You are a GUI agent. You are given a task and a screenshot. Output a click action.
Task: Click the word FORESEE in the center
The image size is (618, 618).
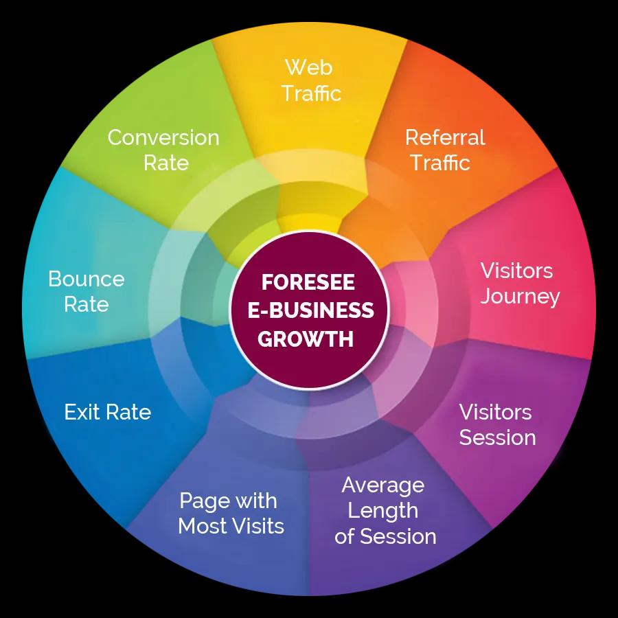pos(308,283)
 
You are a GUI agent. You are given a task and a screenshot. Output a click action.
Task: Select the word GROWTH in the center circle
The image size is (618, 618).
pos(308,339)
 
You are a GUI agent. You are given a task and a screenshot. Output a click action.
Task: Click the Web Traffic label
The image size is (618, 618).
pos(310,80)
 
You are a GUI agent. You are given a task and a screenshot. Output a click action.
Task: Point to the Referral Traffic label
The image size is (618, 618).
pos(444,150)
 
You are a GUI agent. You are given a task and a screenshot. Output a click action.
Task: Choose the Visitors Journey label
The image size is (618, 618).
pos(519,283)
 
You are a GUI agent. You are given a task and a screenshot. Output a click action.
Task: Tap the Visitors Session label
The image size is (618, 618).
pos(496,424)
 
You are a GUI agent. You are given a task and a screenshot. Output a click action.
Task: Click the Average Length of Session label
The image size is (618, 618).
pos(385,510)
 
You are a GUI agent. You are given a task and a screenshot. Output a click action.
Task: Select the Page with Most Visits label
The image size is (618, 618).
pos(231,513)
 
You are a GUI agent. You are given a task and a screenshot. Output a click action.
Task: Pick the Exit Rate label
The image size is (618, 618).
pos(107,412)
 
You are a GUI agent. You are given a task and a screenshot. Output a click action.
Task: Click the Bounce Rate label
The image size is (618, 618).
pos(87,291)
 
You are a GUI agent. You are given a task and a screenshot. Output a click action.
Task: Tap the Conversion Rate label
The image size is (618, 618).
pos(163,150)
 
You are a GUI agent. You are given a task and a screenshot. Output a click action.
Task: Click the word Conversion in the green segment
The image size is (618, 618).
pos(163,137)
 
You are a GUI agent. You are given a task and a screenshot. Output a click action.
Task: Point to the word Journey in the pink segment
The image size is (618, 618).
pos(520,297)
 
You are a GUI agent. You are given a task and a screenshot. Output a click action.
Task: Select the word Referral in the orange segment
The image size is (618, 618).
pos(444,137)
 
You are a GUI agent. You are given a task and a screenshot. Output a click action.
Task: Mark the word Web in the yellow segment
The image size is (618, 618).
pos(308,67)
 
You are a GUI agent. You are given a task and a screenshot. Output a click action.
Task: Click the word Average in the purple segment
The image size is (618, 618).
pos(382,485)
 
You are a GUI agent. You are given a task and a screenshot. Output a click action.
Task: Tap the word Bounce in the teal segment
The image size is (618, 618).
pos(87,279)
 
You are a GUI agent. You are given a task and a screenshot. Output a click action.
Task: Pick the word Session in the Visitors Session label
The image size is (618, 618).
pos(497,437)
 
